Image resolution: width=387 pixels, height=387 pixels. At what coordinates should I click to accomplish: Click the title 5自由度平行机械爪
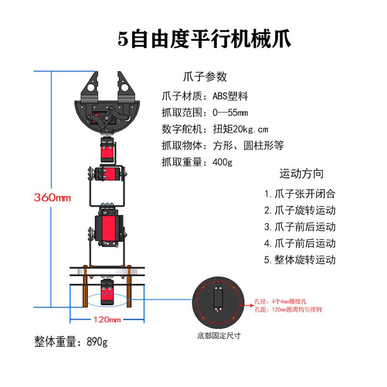205,39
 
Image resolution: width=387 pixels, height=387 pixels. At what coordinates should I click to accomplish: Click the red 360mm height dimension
52,197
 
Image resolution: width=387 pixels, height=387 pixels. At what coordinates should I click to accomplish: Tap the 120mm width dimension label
107,320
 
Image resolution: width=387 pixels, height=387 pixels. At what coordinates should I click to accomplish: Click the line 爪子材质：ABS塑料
205,96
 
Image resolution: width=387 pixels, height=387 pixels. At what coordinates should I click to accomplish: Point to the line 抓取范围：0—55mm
205,113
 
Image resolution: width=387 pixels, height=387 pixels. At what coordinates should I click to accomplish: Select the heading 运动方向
301,173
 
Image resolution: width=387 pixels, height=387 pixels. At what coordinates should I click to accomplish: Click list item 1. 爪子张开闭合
299,194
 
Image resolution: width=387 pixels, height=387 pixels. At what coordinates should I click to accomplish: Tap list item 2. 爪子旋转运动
299,210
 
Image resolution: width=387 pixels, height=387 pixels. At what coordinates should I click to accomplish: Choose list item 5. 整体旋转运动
299,259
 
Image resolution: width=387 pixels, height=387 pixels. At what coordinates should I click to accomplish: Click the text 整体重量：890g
71,342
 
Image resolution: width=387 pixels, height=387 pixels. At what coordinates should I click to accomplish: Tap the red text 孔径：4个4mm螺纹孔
281,301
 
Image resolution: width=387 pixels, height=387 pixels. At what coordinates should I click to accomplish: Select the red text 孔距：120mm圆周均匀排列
287,309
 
